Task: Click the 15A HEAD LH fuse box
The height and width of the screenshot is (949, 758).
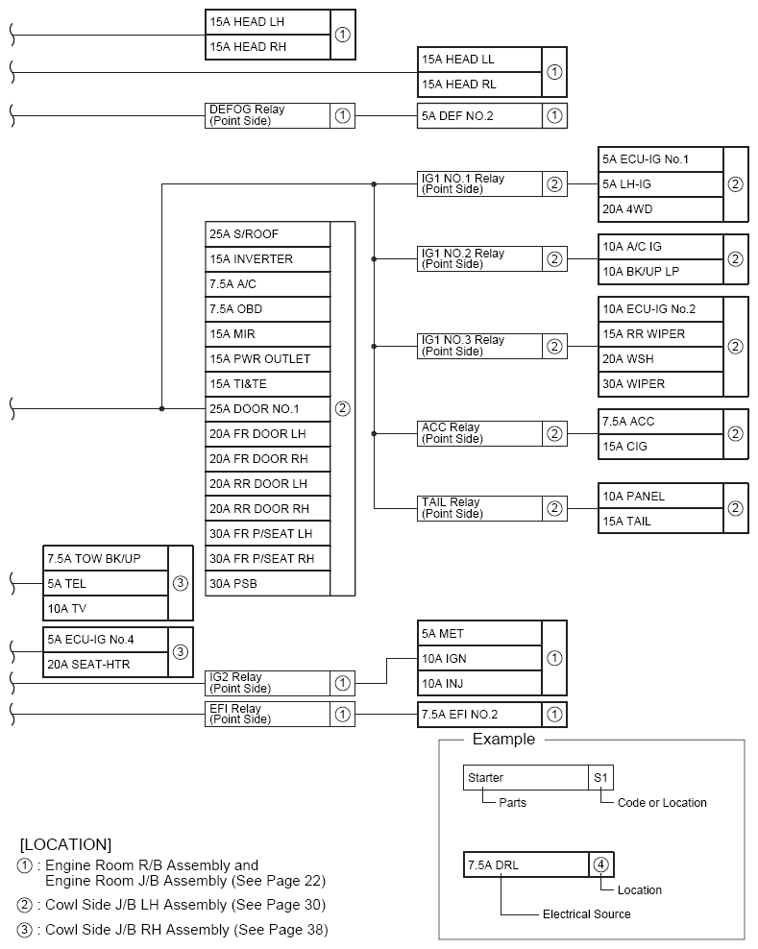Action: (267, 21)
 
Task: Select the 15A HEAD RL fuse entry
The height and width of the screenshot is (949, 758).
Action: (479, 85)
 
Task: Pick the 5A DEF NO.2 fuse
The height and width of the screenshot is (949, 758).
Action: (479, 116)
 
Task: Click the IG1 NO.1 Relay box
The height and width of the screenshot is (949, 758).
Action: (479, 184)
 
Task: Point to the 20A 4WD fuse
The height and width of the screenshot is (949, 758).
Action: (659, 209)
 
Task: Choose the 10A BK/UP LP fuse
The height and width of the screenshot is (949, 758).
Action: (659, 272)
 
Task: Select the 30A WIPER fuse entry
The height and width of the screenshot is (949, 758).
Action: (659, 384)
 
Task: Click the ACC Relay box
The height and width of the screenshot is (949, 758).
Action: (479, 433)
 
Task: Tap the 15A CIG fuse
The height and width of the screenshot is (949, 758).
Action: (659, 447)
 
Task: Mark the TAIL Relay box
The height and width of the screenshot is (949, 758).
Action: (479, 508)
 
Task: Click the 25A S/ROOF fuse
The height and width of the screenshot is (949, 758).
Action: (267, 234)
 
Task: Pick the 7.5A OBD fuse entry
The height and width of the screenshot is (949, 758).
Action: (267, 309)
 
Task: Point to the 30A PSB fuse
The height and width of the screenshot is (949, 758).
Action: (267, 584)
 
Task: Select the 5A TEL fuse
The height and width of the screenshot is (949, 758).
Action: (106, 583)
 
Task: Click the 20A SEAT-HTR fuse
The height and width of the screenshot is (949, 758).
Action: (106, 665)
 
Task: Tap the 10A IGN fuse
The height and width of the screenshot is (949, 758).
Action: (479, 659)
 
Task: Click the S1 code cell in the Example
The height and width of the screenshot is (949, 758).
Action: (600, 777)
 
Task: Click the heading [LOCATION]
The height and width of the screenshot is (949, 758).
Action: (65, 845)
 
